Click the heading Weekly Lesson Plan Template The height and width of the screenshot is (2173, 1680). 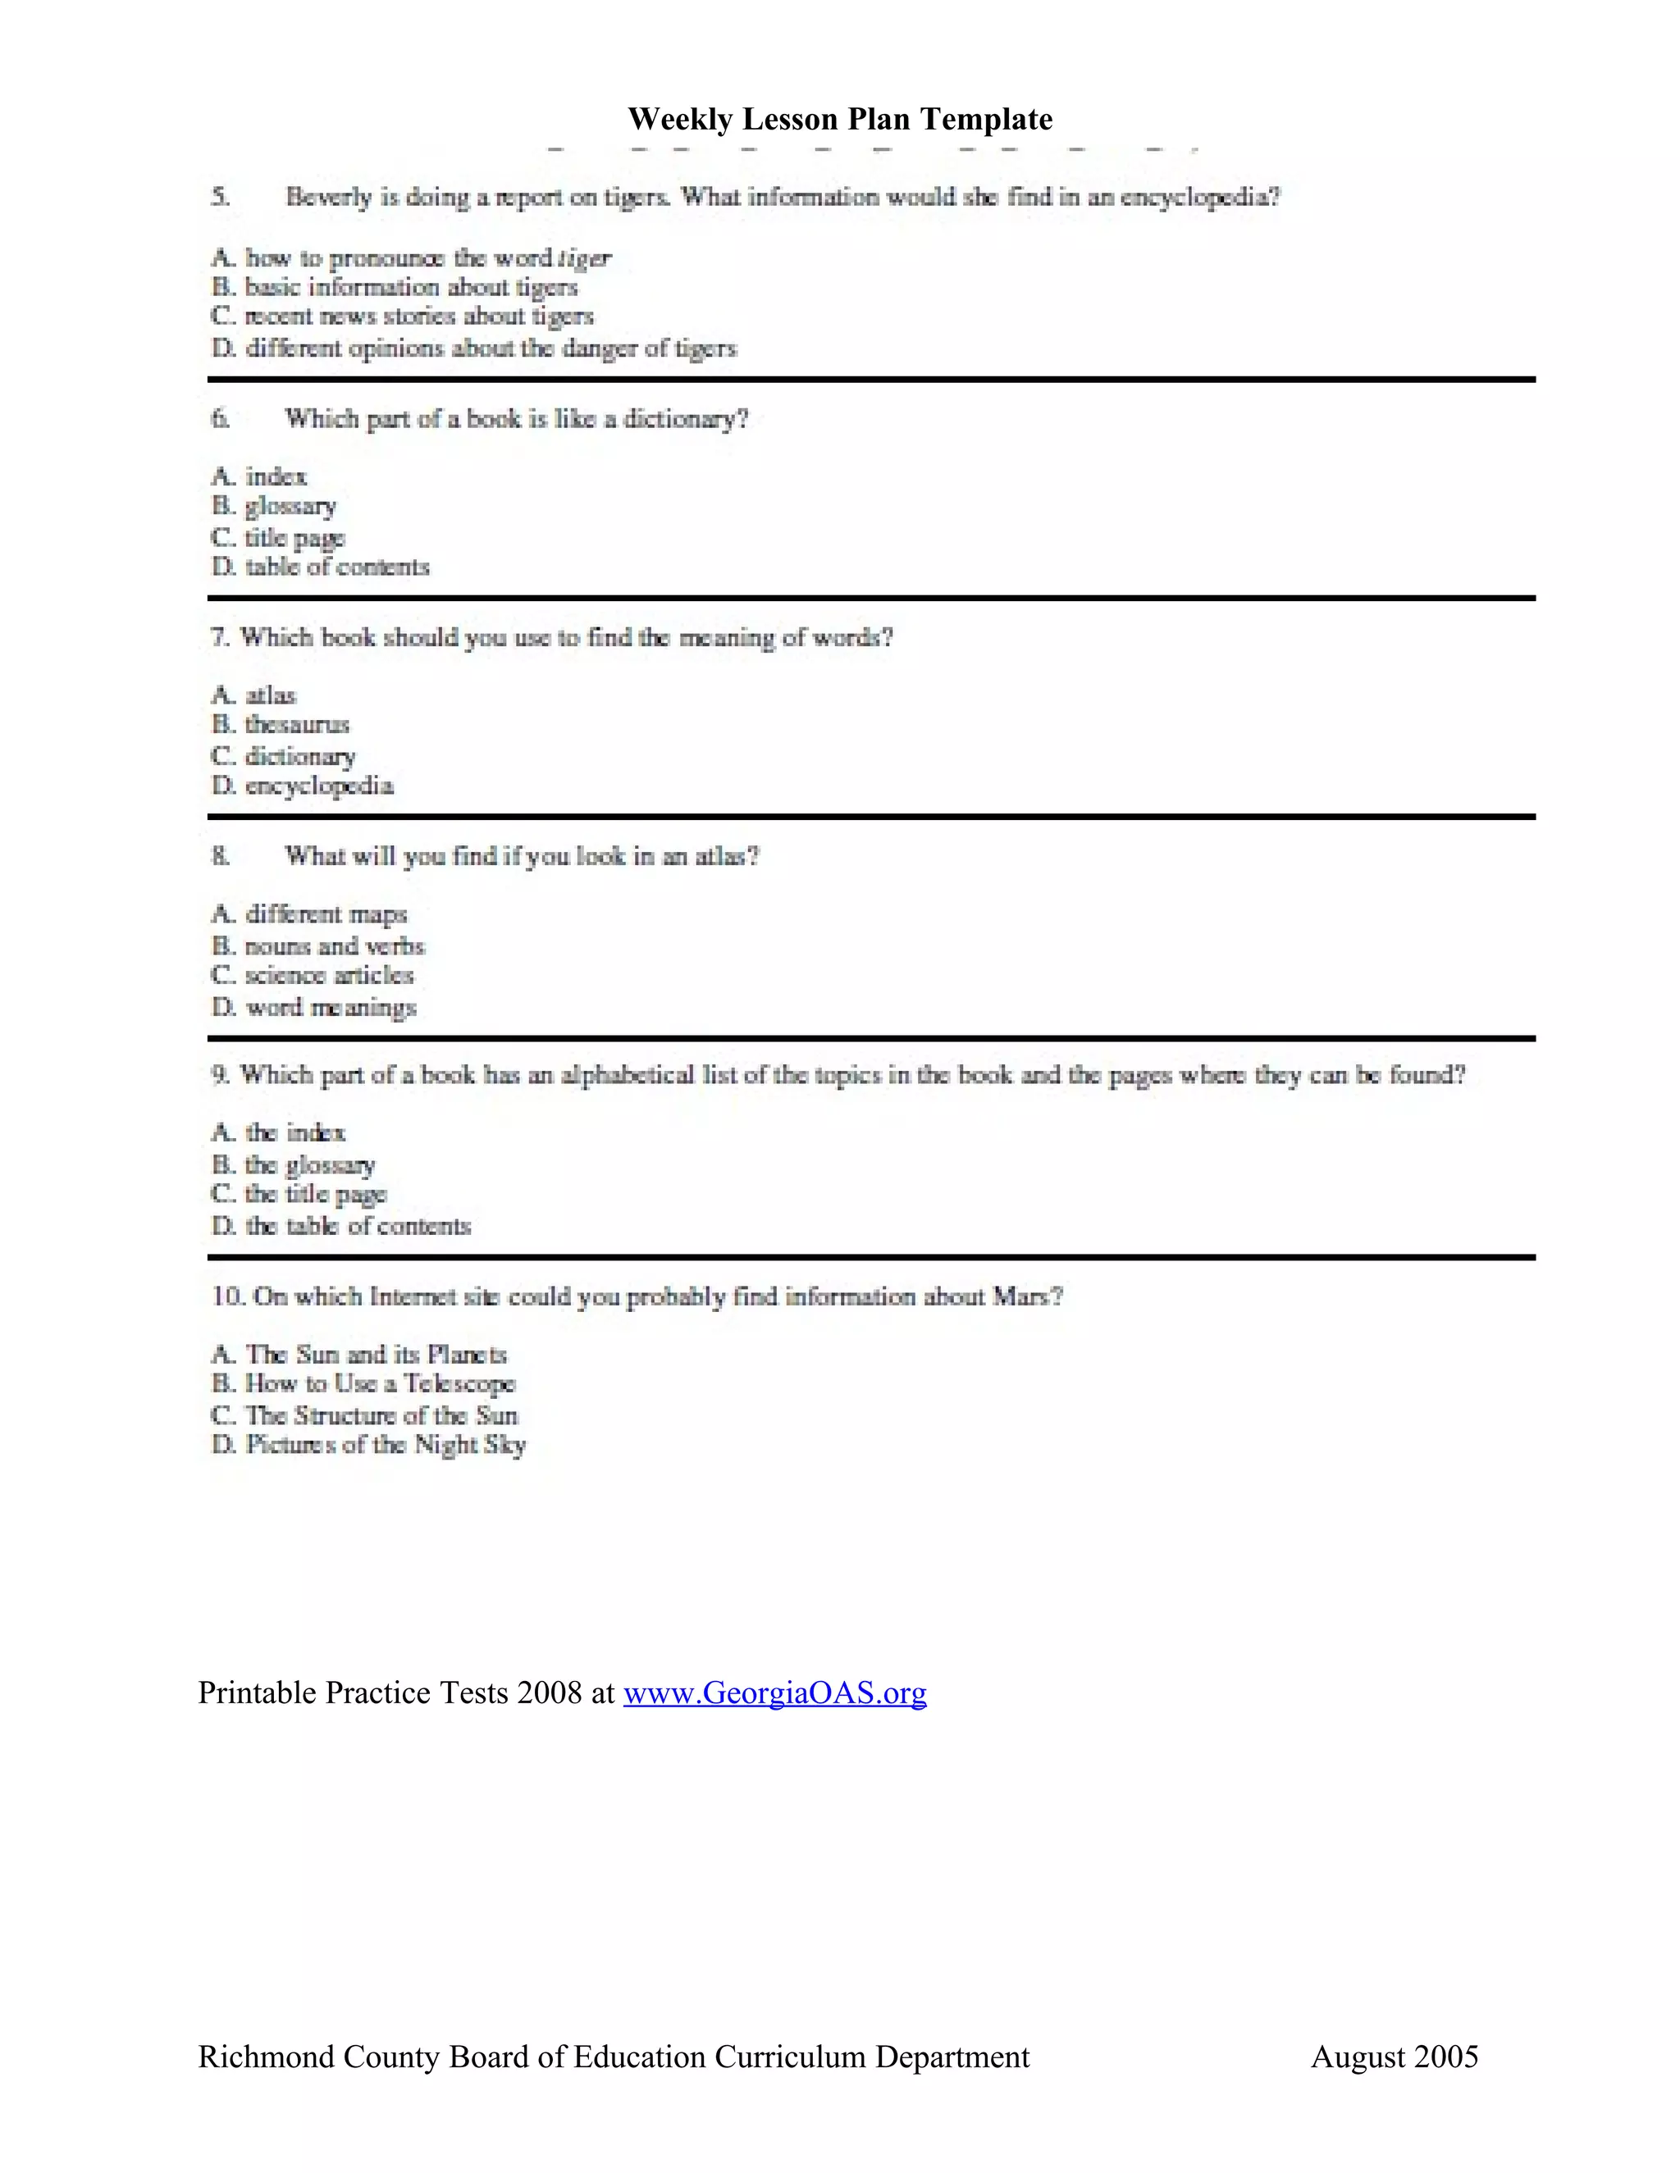point(839,120)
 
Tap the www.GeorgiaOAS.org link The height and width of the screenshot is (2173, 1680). point(774,1692)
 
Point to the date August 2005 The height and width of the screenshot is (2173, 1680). point(1394,2057)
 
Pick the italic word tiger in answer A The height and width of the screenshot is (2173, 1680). point(585,258)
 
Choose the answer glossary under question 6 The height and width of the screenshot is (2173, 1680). point(290,507)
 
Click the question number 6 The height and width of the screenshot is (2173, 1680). point(220,419)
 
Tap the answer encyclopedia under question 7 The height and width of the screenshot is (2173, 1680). point(318,787)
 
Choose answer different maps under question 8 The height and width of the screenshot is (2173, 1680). point(326,914)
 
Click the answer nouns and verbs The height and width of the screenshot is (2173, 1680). point(335,946)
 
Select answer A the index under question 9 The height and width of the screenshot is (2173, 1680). point(294,1133)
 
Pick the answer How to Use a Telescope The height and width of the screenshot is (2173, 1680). point(379,1384)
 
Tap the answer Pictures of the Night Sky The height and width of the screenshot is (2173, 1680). point(386,1445)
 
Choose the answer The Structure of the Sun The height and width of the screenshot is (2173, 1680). point(381,1414)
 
